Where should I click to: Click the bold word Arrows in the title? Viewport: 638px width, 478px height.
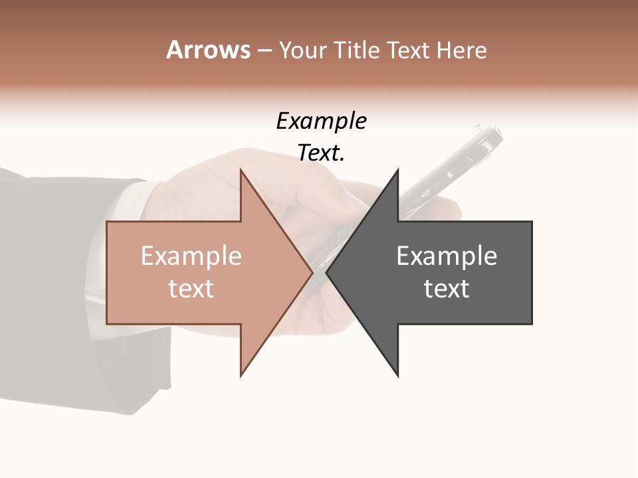[x=209, y=50]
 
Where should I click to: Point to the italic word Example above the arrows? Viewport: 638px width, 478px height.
[x=321, y=121]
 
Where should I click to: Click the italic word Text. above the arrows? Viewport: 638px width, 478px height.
[x=321, y=153]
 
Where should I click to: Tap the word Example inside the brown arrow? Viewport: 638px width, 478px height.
[x=191, y=256]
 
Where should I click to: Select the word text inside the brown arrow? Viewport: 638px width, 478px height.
[x=191, y=289]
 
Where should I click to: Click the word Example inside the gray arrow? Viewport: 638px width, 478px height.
[x=447, y=256]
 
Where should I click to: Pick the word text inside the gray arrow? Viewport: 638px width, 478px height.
[x=447, y=289]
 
